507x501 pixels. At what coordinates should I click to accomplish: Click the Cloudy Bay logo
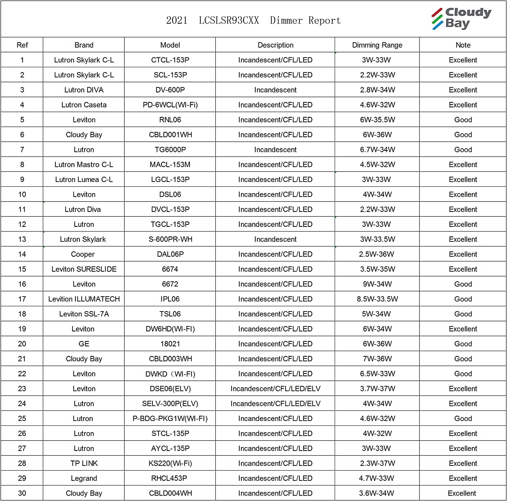[x=461, y=19]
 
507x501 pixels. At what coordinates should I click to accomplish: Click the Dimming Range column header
[x=377, y=45]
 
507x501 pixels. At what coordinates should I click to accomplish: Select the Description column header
[x=275, y=45]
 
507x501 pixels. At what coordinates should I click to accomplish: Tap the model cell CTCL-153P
[x=170, y=60]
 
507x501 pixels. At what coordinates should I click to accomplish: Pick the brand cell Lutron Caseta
[x=84, y=105]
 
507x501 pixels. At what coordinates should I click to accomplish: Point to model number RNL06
[x=170, y=120]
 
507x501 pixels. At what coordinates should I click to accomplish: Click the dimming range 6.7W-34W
[x=377, y=150]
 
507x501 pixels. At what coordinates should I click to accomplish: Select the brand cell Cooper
[x=83, y=254]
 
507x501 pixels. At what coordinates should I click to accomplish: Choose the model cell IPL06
[x=170, y=299]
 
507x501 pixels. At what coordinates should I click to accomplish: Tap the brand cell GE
[x=84, y=344]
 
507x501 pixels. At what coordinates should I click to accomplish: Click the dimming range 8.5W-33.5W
[x=377, y=299]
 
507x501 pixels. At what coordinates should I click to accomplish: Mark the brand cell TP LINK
[x=84, y=463]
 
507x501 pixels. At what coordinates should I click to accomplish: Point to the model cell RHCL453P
[x=170, y=478]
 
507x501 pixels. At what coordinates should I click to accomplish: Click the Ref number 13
[x=22, y=239]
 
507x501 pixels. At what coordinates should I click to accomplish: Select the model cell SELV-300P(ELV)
[x=170, y=403]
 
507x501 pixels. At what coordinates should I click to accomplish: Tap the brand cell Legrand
[x=84, y=478]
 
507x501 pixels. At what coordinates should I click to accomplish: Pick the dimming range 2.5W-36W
[x=377, y=254]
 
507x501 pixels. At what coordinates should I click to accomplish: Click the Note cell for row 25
[x=463, y=419]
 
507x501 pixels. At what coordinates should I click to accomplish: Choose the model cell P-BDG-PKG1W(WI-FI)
[x=170, y=419]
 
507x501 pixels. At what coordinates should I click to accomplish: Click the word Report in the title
[x=324, y=21]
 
